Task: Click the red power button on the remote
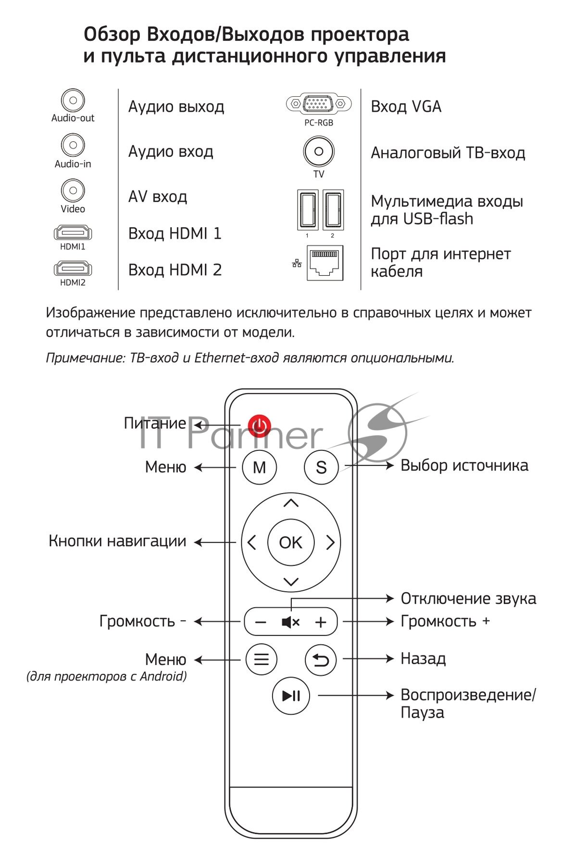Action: click(260, 425)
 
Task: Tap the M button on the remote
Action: click(260, 467)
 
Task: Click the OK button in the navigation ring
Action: click(291, 542)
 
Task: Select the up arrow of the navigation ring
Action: click(291, 503)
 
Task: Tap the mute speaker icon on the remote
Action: click(290, 622)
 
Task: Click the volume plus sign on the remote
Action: click(321, 622)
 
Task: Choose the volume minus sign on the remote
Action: click(261, 622)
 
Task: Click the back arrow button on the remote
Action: click(321, 659)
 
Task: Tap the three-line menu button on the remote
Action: click(261, 659)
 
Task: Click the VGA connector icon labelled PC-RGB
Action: click(316, 103)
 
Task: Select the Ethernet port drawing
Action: click(325, 263)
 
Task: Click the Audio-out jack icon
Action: click(73, 101)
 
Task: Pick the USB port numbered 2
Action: click(333, 210)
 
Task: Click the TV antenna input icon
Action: click(318, 152)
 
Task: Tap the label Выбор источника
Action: click(464, 465)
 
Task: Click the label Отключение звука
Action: click(468, 599)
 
